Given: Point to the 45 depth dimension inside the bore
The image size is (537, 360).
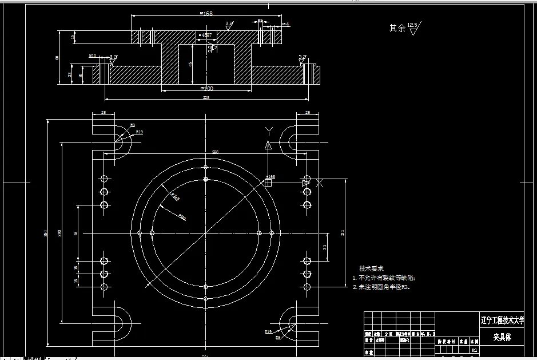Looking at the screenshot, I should [x=190, y=64].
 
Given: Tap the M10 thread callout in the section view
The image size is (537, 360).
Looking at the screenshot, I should [x=92, y=56].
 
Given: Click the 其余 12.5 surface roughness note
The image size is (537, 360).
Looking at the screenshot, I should [x=404, y=27].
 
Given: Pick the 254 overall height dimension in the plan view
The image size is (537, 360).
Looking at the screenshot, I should [x=45, y=233].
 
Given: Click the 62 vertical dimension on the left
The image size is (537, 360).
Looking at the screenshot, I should [x=75, y=233].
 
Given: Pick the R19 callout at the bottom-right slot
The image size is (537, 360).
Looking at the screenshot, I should [x=268, y=331].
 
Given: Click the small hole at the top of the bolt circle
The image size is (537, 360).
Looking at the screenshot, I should [x=205, y=167].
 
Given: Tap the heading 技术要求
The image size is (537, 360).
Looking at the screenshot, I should [x=371, y=268].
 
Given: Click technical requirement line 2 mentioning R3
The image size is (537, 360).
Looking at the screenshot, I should [x=381, y=287].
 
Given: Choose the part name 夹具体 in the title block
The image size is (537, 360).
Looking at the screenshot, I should [x=502, y=338].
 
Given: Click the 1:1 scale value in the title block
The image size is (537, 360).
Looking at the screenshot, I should [x=474, y=350].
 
